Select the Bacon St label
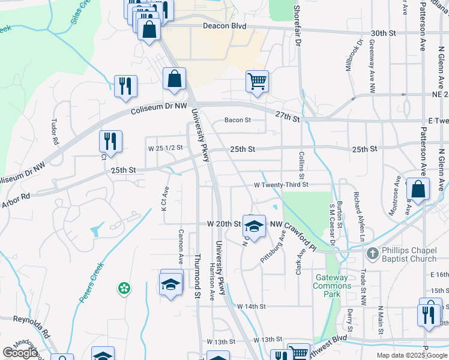coord(237,120)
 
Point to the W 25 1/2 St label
coord(164,147)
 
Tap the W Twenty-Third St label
coord(280,185)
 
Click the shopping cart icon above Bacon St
coord(257,81)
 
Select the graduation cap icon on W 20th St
coord(255,226)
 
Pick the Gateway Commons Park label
coord(330,282)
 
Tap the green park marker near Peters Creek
coord(124,289)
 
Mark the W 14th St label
coord(251,307)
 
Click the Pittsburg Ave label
coord(272,250)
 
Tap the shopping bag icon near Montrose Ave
coord(418,188)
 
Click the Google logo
coord(20,353)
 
